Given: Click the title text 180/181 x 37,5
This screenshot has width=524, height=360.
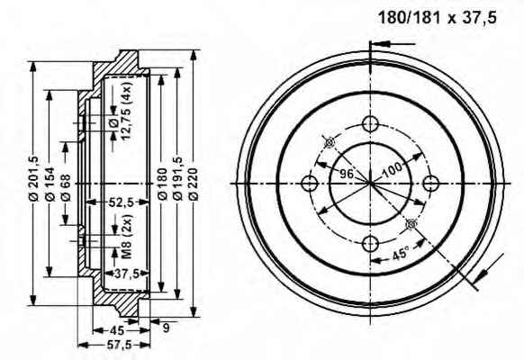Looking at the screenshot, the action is point(437,18).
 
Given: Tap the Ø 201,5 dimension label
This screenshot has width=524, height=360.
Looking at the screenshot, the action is point(34,178).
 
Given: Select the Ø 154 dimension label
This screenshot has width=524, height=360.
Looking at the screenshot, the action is point(50,184).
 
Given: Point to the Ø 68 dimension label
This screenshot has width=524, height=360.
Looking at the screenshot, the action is point(66,187).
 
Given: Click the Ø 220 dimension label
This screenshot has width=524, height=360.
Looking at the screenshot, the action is point(194,184).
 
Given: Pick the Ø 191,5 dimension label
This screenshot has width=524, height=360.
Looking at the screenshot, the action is point(177,179).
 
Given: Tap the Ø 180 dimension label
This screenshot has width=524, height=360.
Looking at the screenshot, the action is point(162,184).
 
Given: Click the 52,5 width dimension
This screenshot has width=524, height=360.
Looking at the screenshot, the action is point(122,202).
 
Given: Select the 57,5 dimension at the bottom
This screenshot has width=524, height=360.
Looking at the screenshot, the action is point(114,345).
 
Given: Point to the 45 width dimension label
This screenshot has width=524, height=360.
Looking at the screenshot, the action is point(117,330).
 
